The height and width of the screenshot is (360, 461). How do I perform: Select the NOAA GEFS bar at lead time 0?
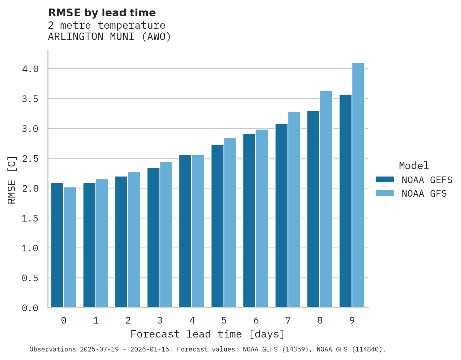click(x=57, y=245)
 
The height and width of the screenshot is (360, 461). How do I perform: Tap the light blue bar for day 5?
click(x=230, y=223)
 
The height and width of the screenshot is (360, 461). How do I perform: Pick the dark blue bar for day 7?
click(x=281, y=216)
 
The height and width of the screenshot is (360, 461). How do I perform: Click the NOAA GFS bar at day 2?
click(x=134, y=240)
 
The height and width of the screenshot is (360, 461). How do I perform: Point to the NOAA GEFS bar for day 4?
click(x=185, y=231)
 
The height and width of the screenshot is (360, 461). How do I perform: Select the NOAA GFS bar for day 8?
click(x=326, y=199)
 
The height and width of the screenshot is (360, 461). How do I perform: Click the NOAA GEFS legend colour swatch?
click(x=385, y=180)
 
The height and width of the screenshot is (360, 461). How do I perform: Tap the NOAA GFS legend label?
click(x=424, y=194)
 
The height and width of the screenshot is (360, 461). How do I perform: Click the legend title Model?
click(x=414, y=166)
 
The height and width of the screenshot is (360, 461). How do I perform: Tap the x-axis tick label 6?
click(x=256, y=321)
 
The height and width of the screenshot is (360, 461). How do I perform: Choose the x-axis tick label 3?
click(x=160, y=321)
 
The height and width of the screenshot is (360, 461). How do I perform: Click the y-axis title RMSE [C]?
click(x=12, y=180)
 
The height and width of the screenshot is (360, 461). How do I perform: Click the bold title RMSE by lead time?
click(x=102, y=13)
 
